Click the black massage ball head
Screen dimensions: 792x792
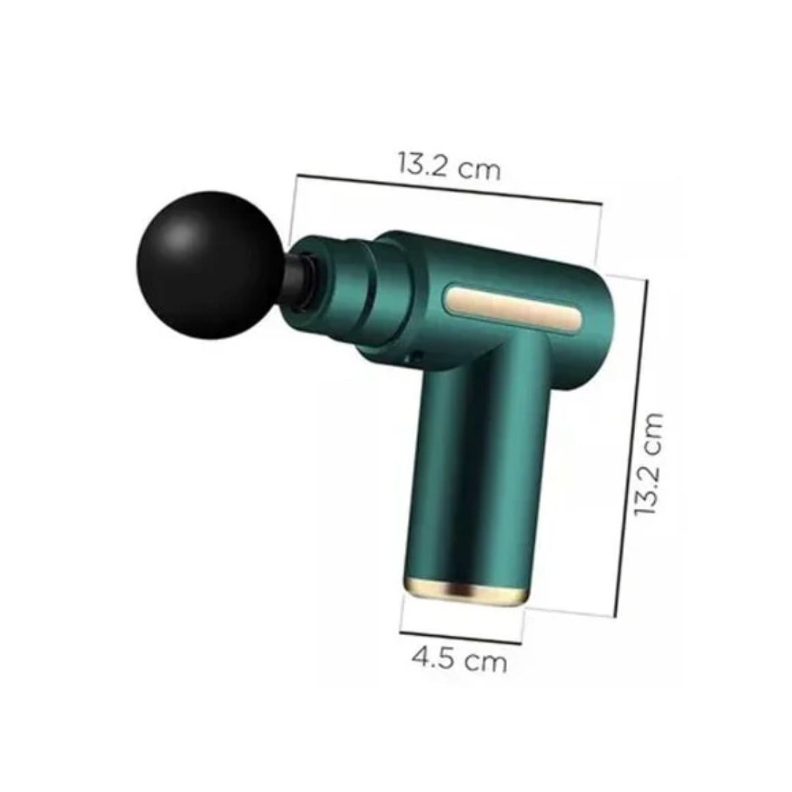(210, 265)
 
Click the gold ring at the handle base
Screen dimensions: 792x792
(465, 592)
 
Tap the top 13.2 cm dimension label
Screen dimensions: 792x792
(449, 165)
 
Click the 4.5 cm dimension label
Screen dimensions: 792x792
(459, 659)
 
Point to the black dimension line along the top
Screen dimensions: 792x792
(450, 189)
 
